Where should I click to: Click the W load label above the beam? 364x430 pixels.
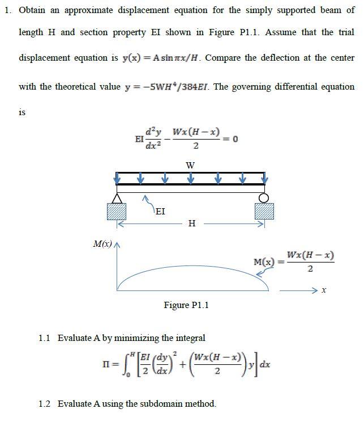click(x=190, y=165)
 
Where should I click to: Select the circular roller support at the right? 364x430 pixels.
click(x=263, y=197)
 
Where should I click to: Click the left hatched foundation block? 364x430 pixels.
click(x=117, y=211)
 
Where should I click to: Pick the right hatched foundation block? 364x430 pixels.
click(x=264, y=211)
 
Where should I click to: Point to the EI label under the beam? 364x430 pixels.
click(x=160, y=211)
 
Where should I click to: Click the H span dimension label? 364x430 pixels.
click(x=191, y=224)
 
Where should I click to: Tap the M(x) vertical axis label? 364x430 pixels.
click(x=102, y=244)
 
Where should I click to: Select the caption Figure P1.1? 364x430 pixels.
click(x=186, y=305)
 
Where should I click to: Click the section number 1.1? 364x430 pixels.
click(x=45, y=338)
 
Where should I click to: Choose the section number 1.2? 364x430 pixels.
click(x=45, y=404)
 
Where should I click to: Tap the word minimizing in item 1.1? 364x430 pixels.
click(x=136, y=338)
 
